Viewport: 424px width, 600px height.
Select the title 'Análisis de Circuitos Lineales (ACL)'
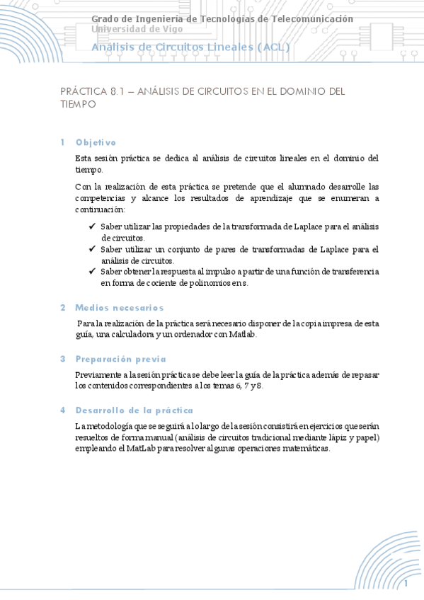point(190,47)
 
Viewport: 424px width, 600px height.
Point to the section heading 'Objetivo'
point(96,142)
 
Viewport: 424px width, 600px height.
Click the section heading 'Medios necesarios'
point(119,308)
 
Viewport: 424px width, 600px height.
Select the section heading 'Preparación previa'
point(120,359)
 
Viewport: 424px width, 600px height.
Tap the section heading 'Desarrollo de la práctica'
point(134,410)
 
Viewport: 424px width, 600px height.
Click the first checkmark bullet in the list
point(93,226)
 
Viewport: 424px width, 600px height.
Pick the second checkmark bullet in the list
point(93,248)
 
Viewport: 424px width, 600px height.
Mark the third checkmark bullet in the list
point(93,271)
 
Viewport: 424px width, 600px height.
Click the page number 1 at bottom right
point(407,584)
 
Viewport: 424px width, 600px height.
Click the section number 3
point(63,359)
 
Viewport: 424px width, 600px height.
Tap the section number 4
point(63,410)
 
